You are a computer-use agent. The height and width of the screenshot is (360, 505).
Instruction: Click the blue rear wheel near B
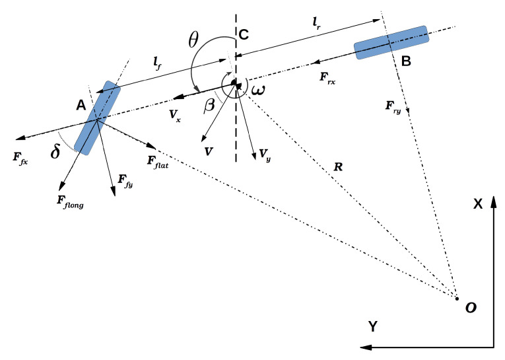(x=391, y=42)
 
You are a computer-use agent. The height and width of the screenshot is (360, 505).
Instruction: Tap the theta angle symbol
(x=193, y=40)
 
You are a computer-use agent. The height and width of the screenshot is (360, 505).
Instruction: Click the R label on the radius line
(x=337, y=167)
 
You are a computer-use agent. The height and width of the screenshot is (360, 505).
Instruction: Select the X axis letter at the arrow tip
(x=478, y=205)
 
